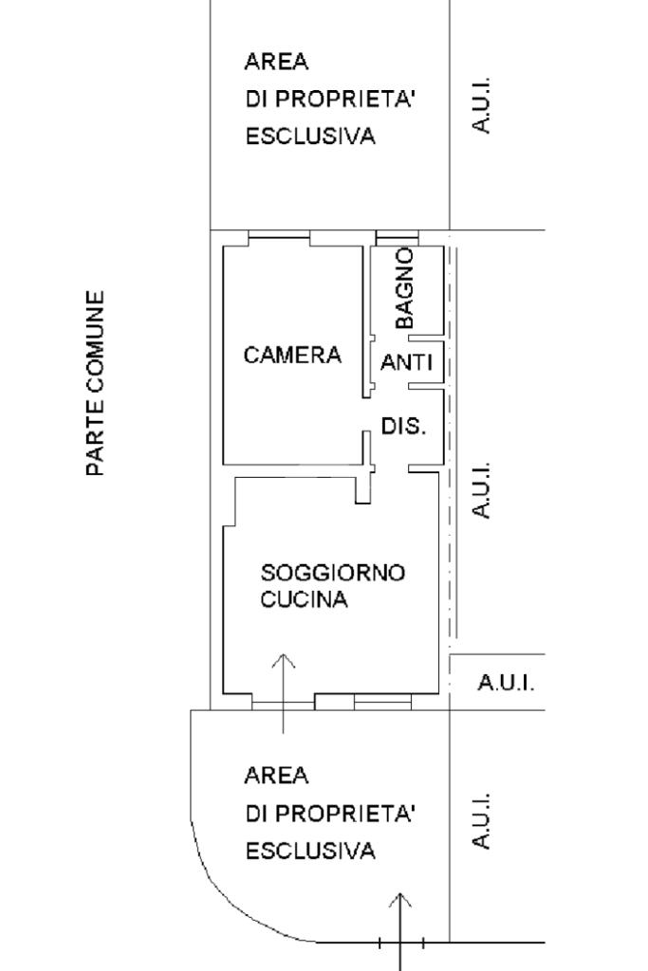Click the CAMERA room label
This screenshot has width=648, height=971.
292,356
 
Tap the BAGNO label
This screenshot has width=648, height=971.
405,288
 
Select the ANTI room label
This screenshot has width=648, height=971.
406,362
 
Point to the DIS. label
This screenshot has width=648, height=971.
403,426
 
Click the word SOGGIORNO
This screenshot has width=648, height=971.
333,573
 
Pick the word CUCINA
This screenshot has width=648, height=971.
305,600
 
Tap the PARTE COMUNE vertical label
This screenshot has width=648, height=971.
95,383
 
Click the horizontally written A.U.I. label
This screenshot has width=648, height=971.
506,683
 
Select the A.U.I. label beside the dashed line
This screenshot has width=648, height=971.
483,490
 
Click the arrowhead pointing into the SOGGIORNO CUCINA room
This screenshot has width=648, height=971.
283,659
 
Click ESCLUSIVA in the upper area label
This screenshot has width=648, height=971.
310,137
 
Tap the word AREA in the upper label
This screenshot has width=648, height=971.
277,63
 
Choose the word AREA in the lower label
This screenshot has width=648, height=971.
277,776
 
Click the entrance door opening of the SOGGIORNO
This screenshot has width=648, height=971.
283,703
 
